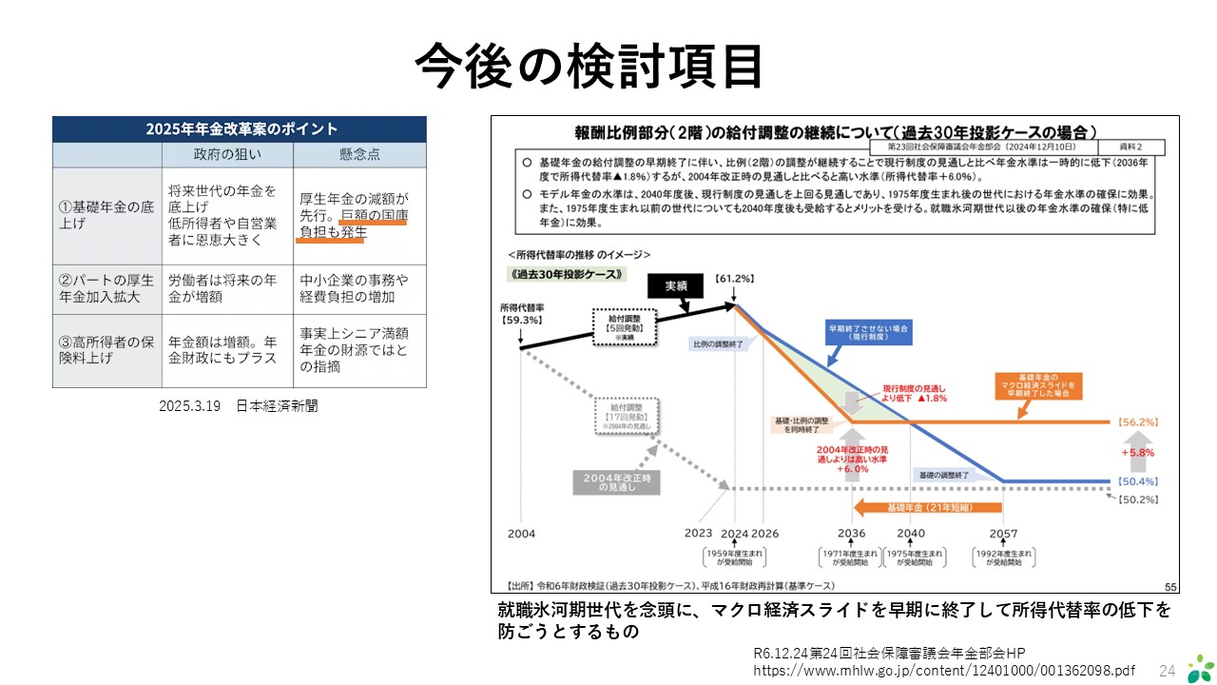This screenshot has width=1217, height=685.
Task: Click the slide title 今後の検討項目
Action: pyautogui.click(x=589, y=67)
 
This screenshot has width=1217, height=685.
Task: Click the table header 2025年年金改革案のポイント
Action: pyautogui.click(x=240, y=129)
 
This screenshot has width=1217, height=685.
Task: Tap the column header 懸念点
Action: pyautogui.click(x=359, y=154)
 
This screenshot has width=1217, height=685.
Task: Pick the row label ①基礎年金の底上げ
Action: pyautogui.click(x=105, y=215)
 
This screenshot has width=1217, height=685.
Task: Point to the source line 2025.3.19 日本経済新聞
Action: pyautogui.click(x=238, y=406)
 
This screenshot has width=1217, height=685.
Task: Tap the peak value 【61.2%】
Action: pyautogui.click(x=735, y=279)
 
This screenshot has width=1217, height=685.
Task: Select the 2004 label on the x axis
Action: pyautogui.click(x=521, y=534)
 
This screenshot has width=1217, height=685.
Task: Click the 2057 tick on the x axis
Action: pyautogui.click(x=1004, y=534)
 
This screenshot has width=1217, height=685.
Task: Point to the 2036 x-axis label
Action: pyautogui.click(x=852, y=534)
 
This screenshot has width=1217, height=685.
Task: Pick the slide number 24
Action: pyautogui.click(x=1167, y=670)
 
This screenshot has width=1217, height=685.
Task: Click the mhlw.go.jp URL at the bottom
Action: pyautogui.click(x=944, y=670)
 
